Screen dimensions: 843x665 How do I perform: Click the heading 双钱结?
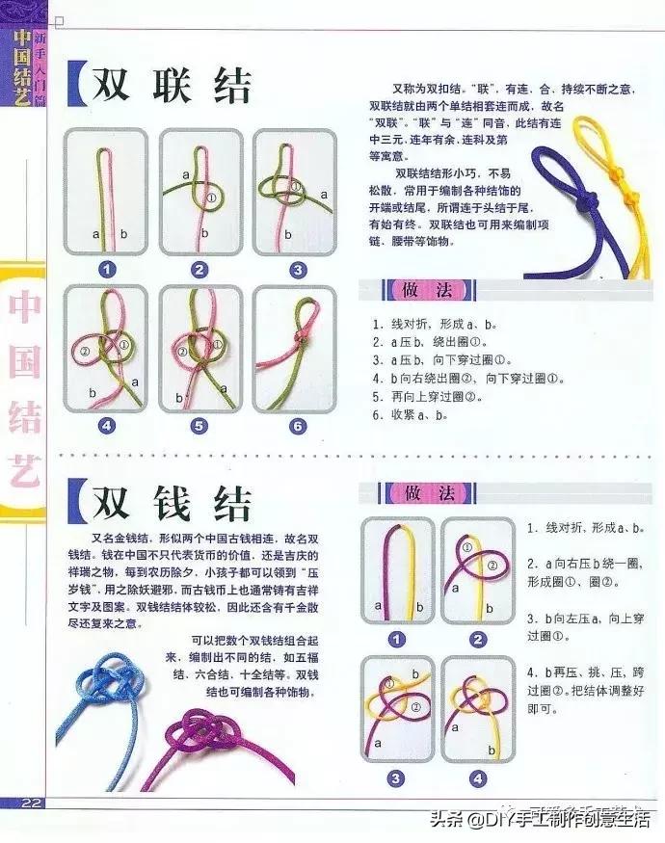tap(172, 502)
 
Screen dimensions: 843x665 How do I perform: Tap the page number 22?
tap(31, 803)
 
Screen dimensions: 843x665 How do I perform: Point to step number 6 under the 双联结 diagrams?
tap(297, 425)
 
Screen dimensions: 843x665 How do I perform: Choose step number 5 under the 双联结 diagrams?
tap(200, 425)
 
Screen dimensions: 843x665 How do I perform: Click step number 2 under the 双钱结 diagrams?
tap(478, 638)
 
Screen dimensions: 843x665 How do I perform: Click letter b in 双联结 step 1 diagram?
tap(123, 234)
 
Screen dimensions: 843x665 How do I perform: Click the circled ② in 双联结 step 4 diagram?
tap(85, 353)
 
